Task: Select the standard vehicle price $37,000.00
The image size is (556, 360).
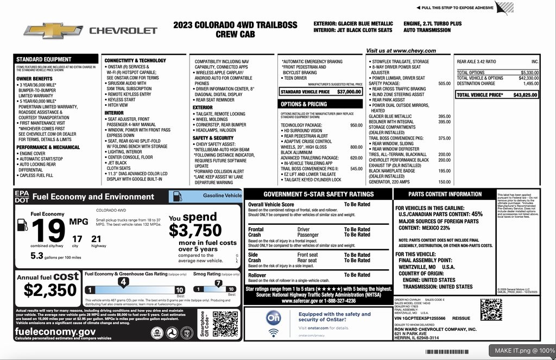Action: [349, 92]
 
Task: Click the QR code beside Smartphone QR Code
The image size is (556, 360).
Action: [225, 324]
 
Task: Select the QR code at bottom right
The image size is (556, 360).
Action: [491, 309]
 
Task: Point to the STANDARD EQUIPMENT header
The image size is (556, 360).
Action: [43, 59]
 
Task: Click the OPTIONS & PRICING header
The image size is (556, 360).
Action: [304, 104]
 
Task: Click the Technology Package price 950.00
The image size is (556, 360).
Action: [356, 125]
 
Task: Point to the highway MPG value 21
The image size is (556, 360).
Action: [96, 238]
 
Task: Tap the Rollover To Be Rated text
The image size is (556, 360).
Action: [357, 275]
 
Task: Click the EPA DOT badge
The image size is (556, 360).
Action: [22, 197]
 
